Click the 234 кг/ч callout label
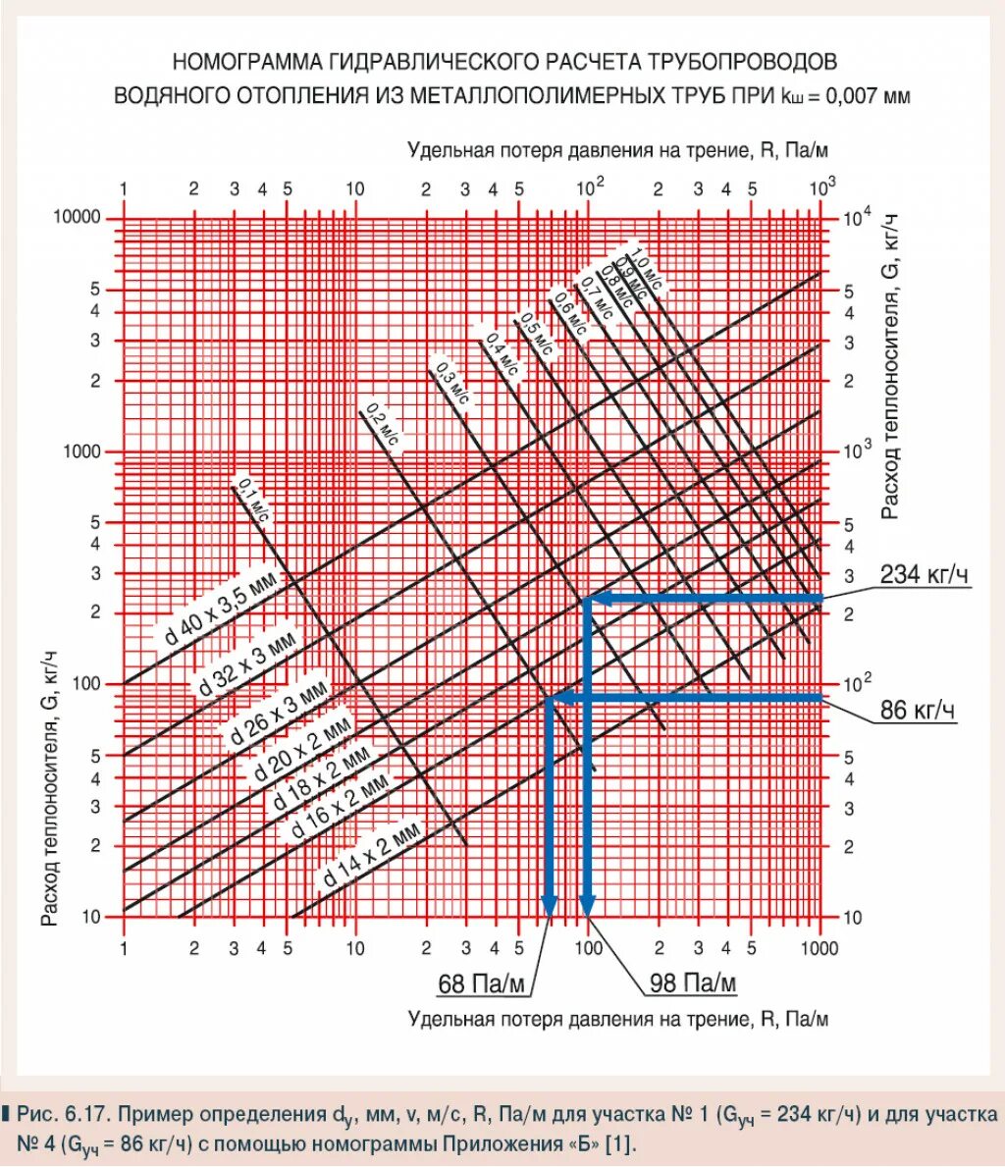click(x=924, y=574)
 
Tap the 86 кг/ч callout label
click(x=918, y=710)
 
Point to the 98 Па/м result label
click(x=693, y=982)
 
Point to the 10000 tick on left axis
click(x=78, y=217)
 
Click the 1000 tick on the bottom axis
click(x=819, y=948)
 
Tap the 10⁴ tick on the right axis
click(x=856, y=217)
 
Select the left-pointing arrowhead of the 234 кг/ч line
click(x=598, y=599)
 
